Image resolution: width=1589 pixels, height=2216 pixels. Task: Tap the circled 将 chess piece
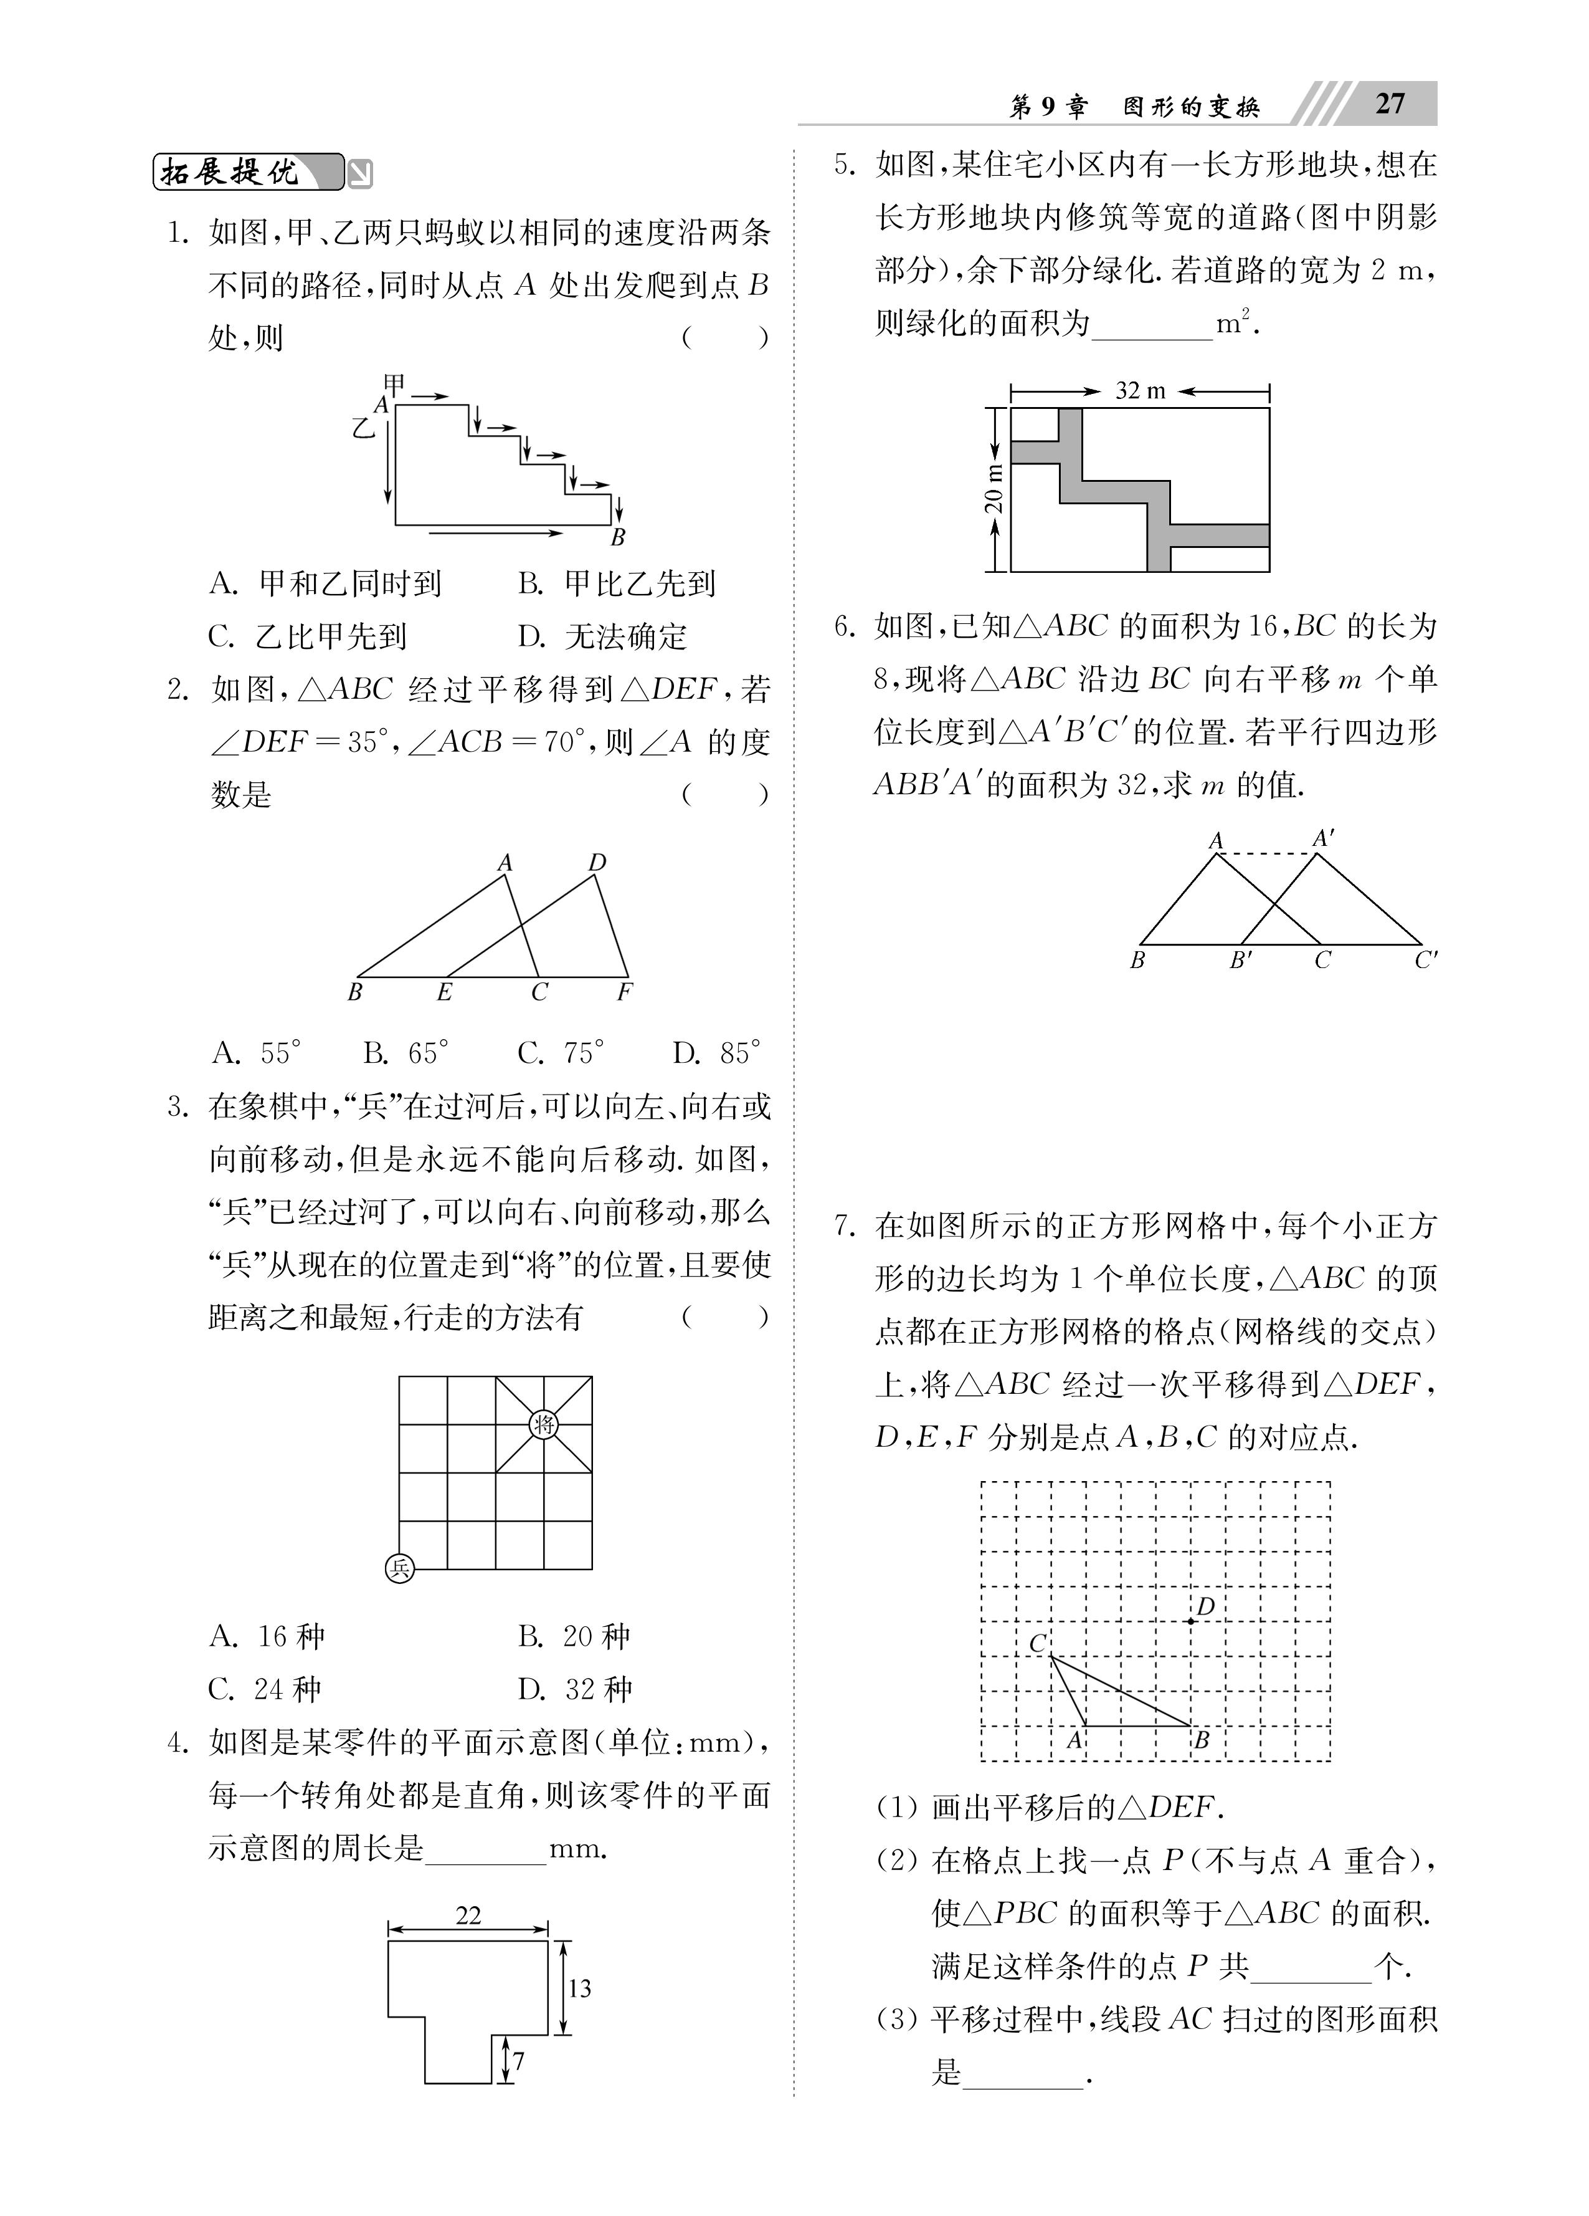(544, 1424)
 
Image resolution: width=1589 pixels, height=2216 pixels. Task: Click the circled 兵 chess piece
(399, 1568)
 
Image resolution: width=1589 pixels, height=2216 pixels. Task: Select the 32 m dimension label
(1140, 391)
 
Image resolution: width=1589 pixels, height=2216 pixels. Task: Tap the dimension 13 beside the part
(579, 1987)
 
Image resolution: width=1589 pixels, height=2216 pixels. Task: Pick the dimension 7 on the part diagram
(519, 2061)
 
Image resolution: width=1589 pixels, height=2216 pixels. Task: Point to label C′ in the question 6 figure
(1425, 961)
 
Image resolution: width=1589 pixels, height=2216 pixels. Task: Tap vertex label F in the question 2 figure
(625, 993)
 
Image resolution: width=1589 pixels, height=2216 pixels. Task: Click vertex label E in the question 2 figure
(444, 993)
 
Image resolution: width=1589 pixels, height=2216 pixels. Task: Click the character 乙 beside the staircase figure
(363, 427)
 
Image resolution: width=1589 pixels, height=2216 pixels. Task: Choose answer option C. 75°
(562, 1053)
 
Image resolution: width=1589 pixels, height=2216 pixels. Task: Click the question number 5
(844, 164)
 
